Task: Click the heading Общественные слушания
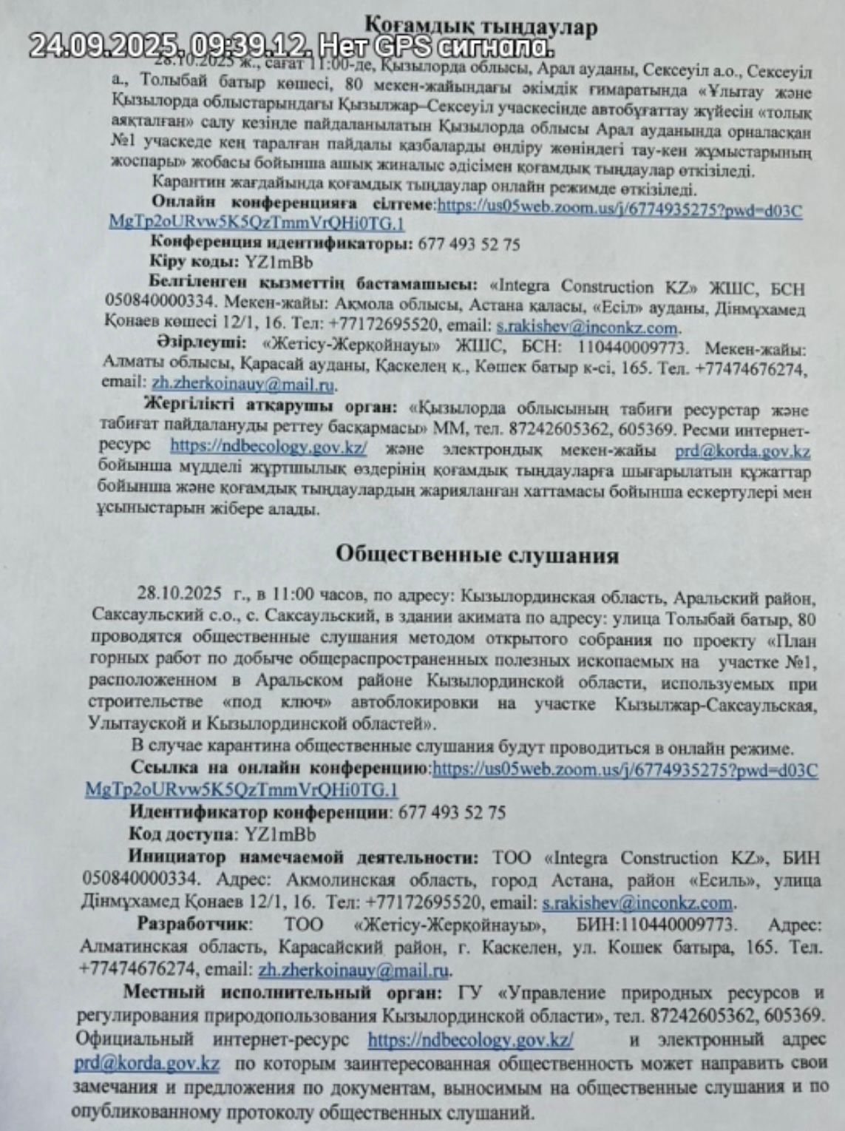[x=477, y=556]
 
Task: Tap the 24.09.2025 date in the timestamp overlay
[x=103, y=46]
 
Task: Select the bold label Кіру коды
[x=189, y=262]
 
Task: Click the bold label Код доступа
[x=181, y=834]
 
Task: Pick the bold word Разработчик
[x=194, y=925]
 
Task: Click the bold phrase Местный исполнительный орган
[x=283, y=992]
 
